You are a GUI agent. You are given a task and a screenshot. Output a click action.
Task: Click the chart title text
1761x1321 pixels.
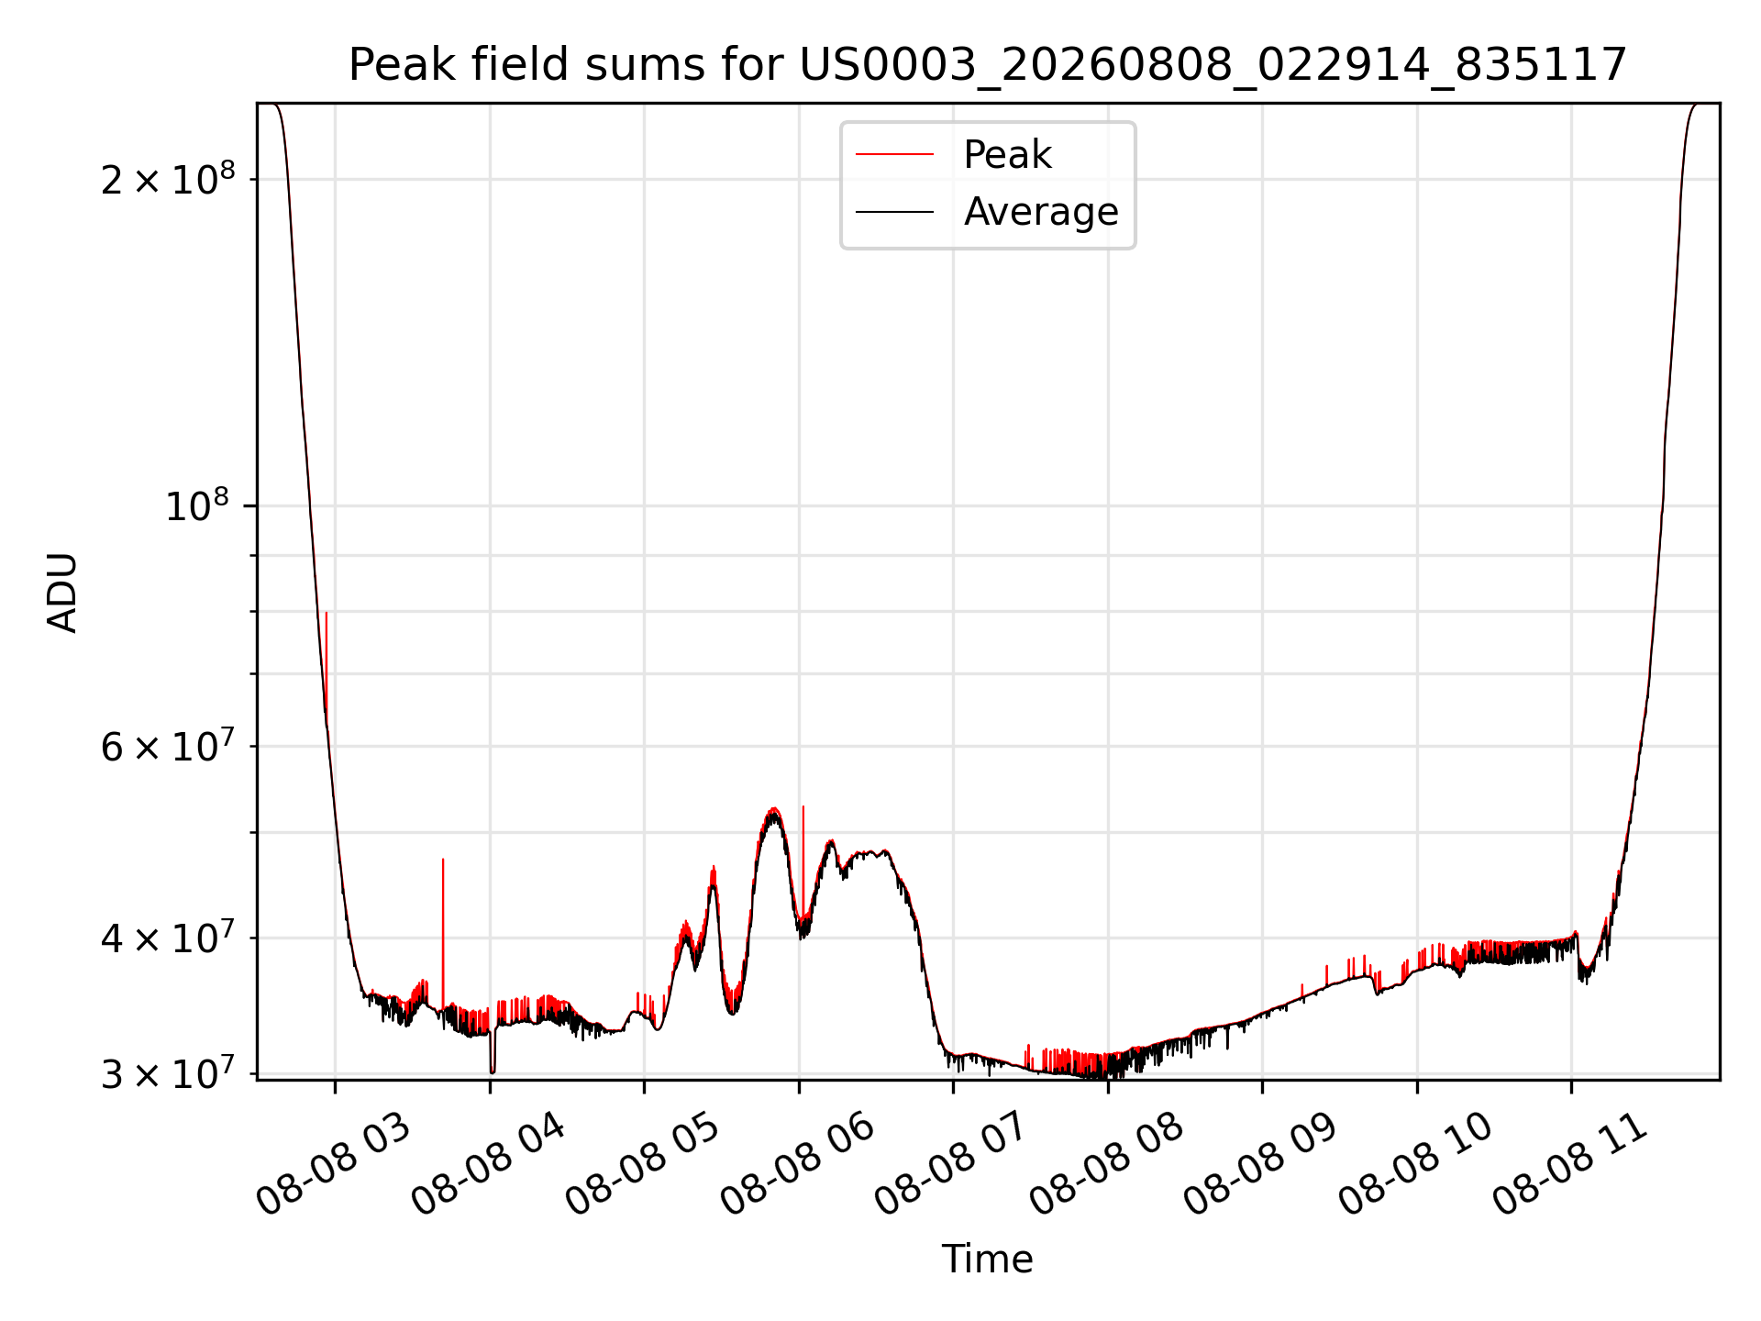988,65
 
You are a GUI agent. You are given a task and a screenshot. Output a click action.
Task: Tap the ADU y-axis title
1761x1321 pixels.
62,592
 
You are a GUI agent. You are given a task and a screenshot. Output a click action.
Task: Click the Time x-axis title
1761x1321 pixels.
988,1259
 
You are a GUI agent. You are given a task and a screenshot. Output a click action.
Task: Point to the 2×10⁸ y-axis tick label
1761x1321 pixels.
167,178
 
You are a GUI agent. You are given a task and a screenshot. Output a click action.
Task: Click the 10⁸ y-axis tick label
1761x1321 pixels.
197,505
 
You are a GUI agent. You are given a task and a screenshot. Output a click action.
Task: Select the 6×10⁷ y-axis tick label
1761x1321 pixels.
167,746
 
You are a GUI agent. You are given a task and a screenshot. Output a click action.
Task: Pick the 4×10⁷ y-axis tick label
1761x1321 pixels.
167,938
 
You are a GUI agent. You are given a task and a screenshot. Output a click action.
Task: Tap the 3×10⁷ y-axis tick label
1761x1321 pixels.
167,1073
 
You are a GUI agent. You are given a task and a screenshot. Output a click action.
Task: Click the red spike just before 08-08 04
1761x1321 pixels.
443,931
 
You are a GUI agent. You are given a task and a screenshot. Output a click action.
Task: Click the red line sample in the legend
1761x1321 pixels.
894,154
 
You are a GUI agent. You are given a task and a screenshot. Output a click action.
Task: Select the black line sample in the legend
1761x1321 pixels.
894,212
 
